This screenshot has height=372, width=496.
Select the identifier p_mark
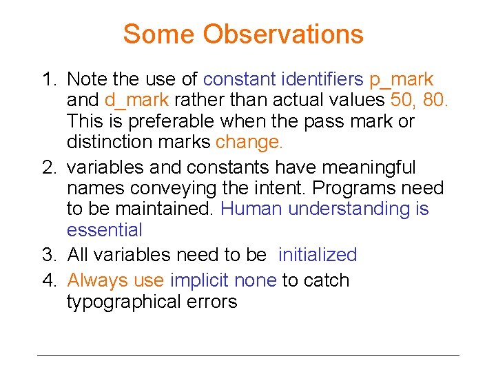(402, 79)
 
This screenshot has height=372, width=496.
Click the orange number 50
(403, 101)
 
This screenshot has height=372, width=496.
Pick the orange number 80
(436, 101)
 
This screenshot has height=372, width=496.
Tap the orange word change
(249, 142)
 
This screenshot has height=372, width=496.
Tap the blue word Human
(251, 209)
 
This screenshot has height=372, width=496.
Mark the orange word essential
(105, 230)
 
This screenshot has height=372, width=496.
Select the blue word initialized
(318, 255)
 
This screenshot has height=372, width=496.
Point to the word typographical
(123, 302)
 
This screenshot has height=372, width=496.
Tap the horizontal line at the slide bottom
(248, 355)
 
